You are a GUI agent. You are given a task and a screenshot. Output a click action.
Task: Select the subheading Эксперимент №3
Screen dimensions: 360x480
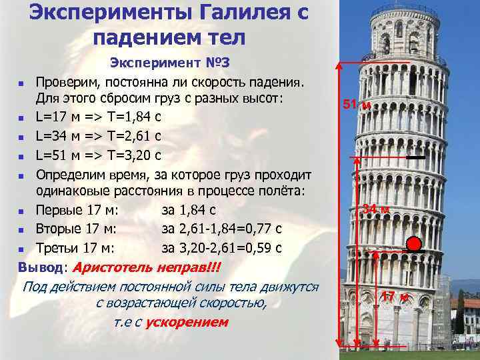tap(169, 63)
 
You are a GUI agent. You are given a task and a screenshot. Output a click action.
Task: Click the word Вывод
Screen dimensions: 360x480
tap(41, 267)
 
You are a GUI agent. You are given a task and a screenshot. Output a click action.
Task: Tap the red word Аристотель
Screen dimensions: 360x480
tap(115, 267)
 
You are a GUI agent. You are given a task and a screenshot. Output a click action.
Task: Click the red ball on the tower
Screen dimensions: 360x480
tap(413, 243)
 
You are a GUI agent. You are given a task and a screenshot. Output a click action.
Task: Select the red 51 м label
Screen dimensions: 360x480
tap(356, 105)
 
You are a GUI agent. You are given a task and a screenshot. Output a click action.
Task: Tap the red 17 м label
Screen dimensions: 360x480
tap(393, 296)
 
